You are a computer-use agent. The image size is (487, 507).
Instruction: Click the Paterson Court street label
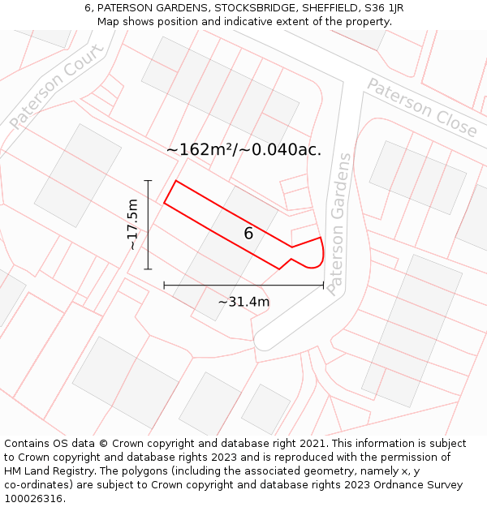tap(57, 87)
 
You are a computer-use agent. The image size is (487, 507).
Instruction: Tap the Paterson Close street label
tap(422, 107)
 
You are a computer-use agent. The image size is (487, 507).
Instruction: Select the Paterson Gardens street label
tap(340, 224)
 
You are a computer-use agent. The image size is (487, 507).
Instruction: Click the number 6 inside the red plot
tap(248, 234)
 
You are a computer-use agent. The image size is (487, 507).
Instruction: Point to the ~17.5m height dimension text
tap(132, 225)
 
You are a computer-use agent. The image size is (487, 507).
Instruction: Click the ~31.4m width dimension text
tap(243, 302)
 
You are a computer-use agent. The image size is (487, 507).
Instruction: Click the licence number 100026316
tap(34, 499)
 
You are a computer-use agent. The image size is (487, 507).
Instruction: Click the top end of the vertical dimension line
tap(148, 180)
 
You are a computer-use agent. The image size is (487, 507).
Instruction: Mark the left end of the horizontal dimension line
tap(164, 285)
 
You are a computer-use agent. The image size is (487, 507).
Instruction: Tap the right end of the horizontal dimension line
tap(323, 285)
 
